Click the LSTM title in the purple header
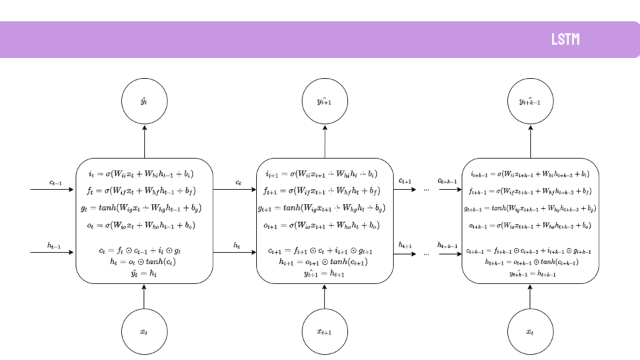[x=565, y=39]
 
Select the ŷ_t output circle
[x=144, y=101]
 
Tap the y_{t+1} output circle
[x=325, y=101]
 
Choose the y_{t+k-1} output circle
[x=530, y=101]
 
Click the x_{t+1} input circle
[x=325, y=331]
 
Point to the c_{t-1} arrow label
[x=56, y=182]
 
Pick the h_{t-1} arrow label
[x=55, y=245]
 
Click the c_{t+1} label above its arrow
[x=405, y=181]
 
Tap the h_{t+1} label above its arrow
[x=405, y=245]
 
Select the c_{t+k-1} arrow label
[x=447, y=181]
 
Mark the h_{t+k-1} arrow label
[x=447, y=245]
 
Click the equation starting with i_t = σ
[x=141, y=175]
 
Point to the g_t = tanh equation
[x=141, y=208]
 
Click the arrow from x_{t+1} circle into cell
[x=325, y=297]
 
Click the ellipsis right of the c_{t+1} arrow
[x=427, y=190]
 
